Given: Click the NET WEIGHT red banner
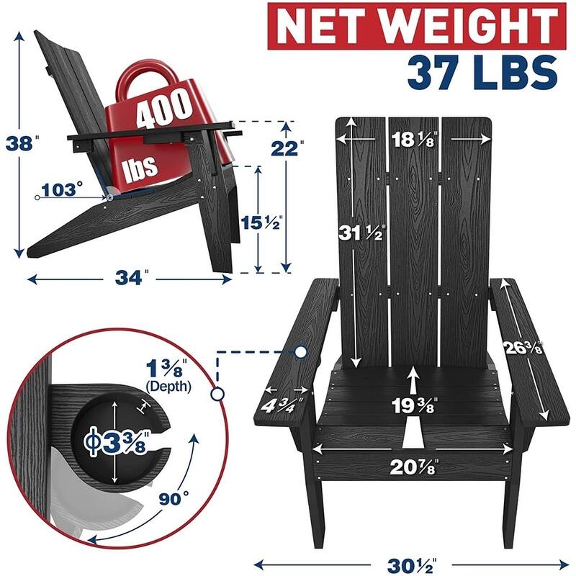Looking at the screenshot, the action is click(417, 26).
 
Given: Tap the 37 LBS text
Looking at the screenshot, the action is click(482, 73).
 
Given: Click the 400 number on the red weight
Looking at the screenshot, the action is click(164, 109).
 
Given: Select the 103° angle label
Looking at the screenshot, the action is click(61, 190).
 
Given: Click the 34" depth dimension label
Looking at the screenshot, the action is click(132, 278).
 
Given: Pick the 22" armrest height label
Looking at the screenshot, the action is click(287, 148).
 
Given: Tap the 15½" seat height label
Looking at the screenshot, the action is click(261, 222).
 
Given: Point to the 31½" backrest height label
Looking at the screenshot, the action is click(362, 233).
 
